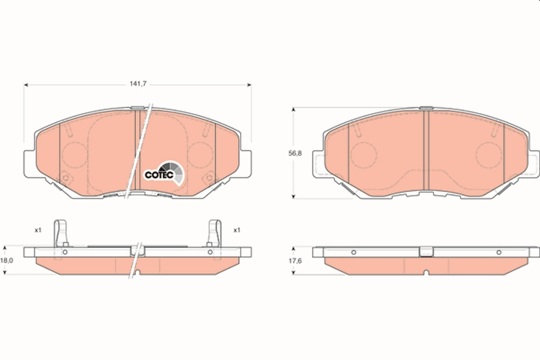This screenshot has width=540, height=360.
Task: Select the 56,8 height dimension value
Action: tap(295, 153)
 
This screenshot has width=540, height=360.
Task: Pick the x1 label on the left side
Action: tap(38, 230)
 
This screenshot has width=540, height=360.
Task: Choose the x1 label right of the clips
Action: tap(237, 230)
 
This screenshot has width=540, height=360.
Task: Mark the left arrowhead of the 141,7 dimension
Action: tap(26, 84)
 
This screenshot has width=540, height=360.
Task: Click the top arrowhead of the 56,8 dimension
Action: tap(294, 109)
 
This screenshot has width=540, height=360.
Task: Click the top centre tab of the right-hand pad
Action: tap(426, 108)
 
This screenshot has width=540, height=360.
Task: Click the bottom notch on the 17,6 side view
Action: tap(426, 273)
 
